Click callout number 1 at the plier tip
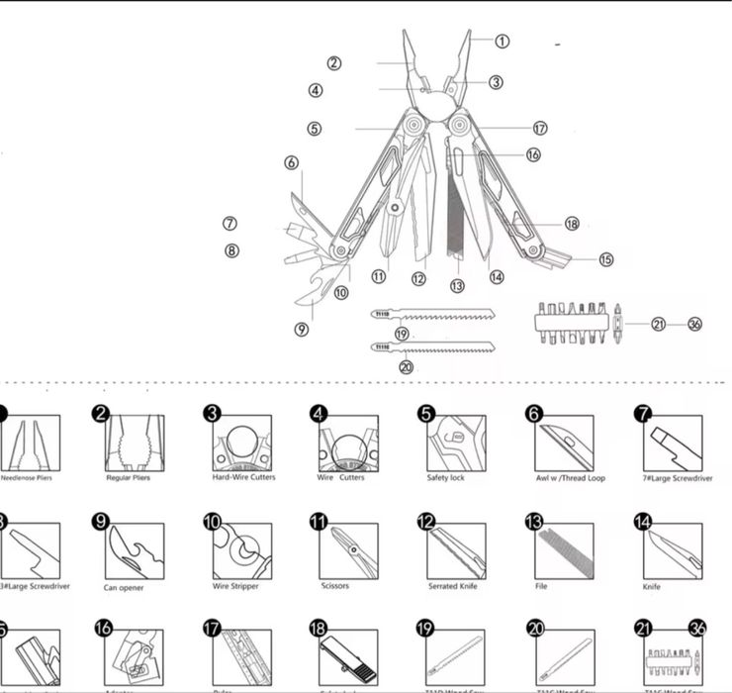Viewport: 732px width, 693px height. point(502,42)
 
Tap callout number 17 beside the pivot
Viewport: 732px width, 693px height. point(539,129)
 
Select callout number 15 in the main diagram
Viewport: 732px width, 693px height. point(605,260)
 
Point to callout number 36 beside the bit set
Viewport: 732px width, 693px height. point(694,324)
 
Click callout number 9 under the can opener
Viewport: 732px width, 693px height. point(301,329)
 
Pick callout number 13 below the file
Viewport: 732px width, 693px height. point(456,286)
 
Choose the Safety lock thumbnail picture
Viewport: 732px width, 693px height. point(456,443)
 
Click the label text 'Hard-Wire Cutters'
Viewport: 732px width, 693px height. point(244,477)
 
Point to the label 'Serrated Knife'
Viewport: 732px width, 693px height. point(456,586)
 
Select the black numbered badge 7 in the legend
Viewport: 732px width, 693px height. point(642,414)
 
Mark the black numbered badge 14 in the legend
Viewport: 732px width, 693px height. point(642,522)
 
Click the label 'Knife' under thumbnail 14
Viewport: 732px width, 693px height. point(651,586)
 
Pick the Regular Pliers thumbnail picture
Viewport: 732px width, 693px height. point(134,443)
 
